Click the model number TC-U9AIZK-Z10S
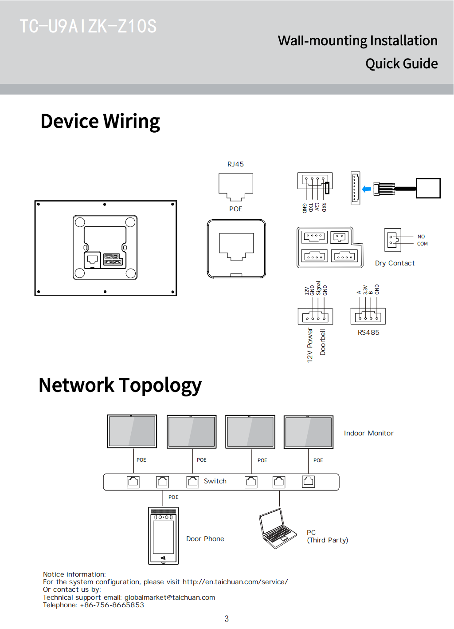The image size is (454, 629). (x=88, y=27)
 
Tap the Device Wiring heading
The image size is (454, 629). (x=100, y=122)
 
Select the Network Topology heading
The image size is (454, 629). (x=120, y=385)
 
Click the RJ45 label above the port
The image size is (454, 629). (x=235, y=164)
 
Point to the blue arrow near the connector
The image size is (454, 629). (x=367, y=189)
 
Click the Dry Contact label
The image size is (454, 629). (x=395, y=263)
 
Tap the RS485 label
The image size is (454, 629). (x=368, y=332)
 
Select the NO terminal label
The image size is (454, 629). (x=421, y=237)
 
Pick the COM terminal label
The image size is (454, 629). (x=422, y=244)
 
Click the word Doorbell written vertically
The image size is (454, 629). (x=323, y=342)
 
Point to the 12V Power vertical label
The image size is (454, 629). (x=310, y=345)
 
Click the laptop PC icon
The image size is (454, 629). (x=277, y=529)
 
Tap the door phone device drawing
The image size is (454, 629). (x=163, y=536)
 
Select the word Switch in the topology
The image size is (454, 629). (x=215, y=481)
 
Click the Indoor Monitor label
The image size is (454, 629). (x=368, y=433)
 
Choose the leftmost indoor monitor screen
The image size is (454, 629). (x=132, y=431)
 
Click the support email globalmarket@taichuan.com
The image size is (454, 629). (x=170, y=597)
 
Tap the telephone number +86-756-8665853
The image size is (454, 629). (x=112, y=605)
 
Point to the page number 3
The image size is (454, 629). (x=227, y=619)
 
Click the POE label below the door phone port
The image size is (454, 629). (x=173, y=497)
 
